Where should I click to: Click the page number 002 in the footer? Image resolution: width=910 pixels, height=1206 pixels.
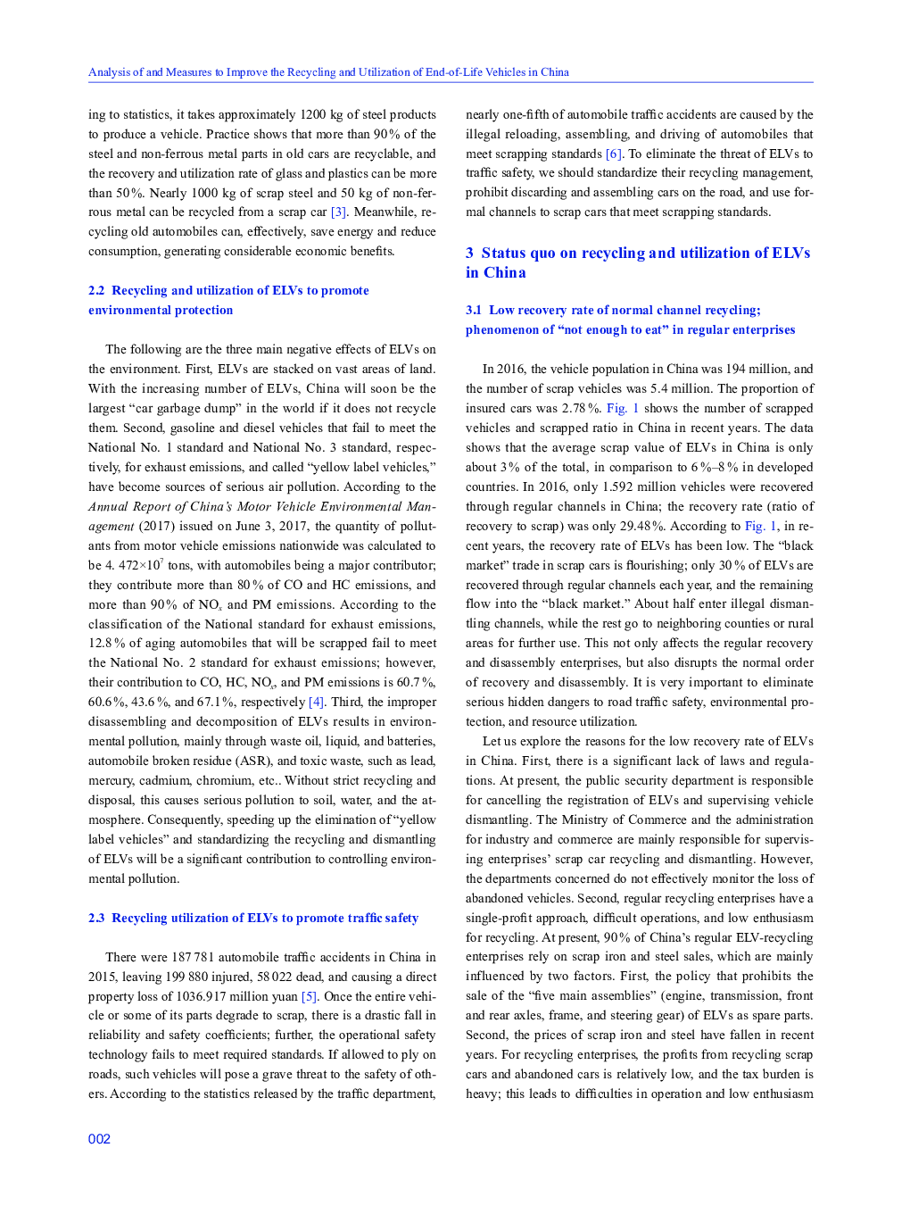(99, 1139)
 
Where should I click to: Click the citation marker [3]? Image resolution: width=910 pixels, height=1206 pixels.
(338, 212)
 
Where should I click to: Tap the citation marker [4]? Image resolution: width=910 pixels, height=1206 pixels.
(316, 703)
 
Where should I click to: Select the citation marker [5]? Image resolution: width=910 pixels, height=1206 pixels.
(309, 996)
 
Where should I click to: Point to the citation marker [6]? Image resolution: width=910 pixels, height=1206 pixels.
(614, 154)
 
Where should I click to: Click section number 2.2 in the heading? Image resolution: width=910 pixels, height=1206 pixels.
(96, 291)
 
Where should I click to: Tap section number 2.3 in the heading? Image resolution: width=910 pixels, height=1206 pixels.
(96, 919)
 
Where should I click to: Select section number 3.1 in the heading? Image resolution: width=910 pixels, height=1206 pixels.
(474, 311)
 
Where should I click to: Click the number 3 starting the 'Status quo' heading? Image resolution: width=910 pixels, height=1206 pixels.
(469, 254)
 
